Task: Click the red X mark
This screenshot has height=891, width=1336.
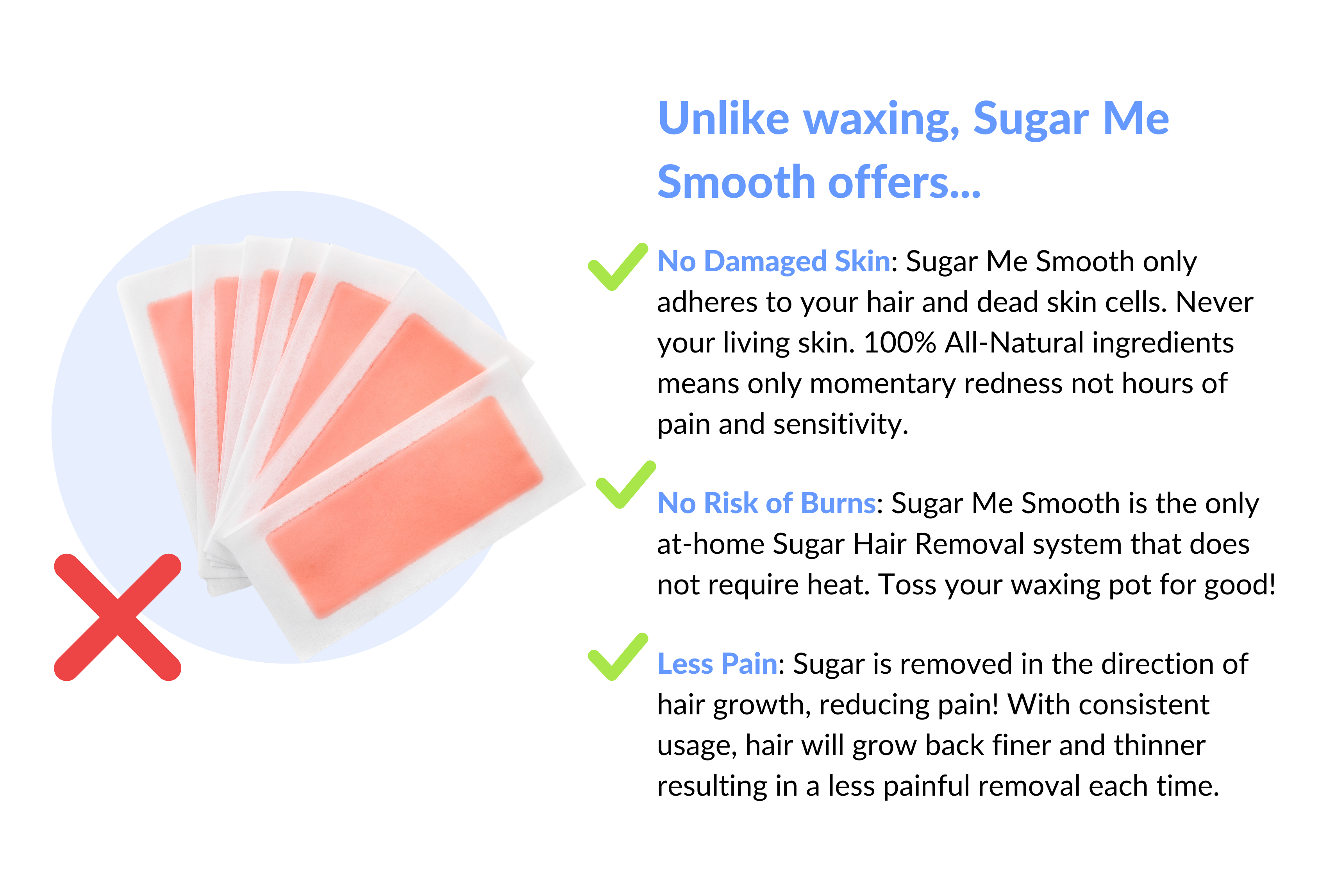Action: point(118,617)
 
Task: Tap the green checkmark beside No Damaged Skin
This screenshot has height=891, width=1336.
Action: point(618,267)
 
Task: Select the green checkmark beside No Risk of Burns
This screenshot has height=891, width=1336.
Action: point(626,485)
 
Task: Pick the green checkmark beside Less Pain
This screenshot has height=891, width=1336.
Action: point(618,656)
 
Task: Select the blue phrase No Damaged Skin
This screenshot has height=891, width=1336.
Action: point(773,262)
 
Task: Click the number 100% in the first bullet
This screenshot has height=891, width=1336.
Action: point(899,343)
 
